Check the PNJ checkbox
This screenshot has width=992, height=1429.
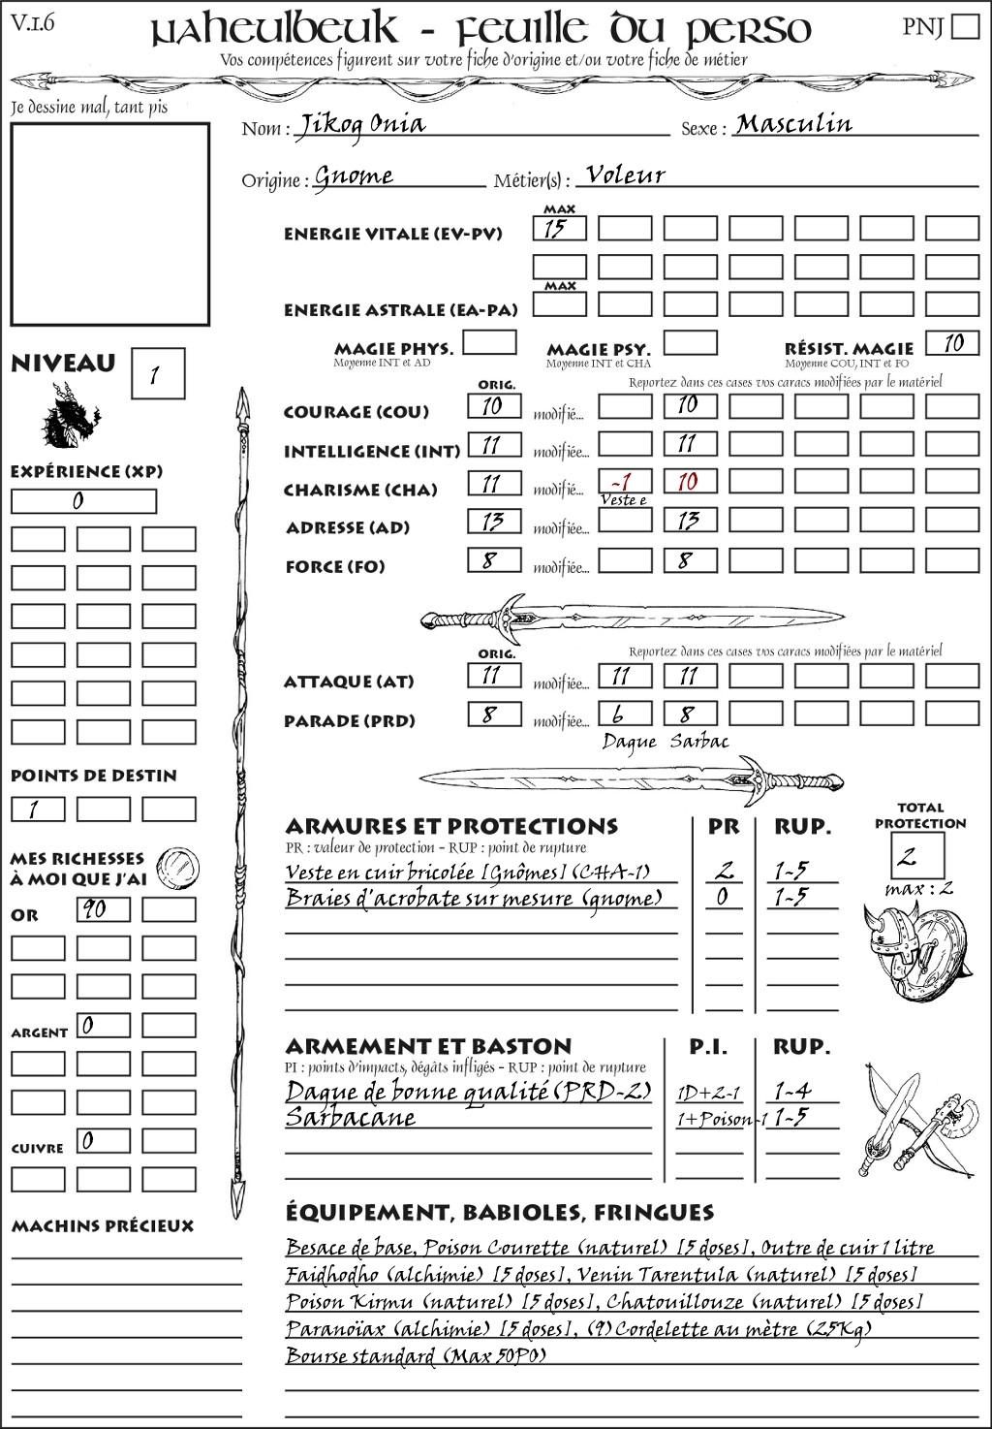[965, 26]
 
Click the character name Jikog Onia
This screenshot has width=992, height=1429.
[360, 125]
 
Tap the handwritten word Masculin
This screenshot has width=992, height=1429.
[793, 124]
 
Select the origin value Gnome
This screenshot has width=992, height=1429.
[355, 176]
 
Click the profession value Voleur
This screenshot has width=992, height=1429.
[626, 175]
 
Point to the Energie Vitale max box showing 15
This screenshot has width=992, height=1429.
[559, 229]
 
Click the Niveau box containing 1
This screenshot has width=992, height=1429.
[157, 374]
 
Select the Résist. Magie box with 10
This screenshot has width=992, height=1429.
[951, 343]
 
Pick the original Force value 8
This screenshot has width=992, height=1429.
[493, 559]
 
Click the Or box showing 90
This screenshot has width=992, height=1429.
[103, 909]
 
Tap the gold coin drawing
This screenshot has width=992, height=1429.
[178, 865]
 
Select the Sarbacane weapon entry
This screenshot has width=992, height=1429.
[351, 1117]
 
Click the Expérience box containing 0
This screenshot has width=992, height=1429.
[83, 501]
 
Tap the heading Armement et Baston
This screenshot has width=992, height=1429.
[428, 1046]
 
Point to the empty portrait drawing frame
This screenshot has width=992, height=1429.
[109, 224]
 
